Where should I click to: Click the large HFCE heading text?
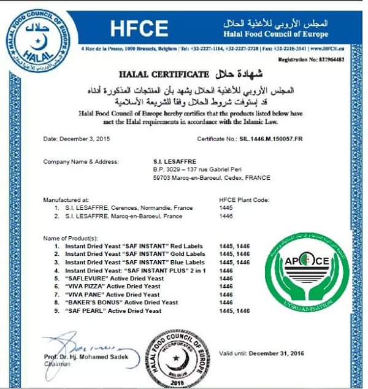139,28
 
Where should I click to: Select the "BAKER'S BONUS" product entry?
121,302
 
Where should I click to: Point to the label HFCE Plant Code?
243,200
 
